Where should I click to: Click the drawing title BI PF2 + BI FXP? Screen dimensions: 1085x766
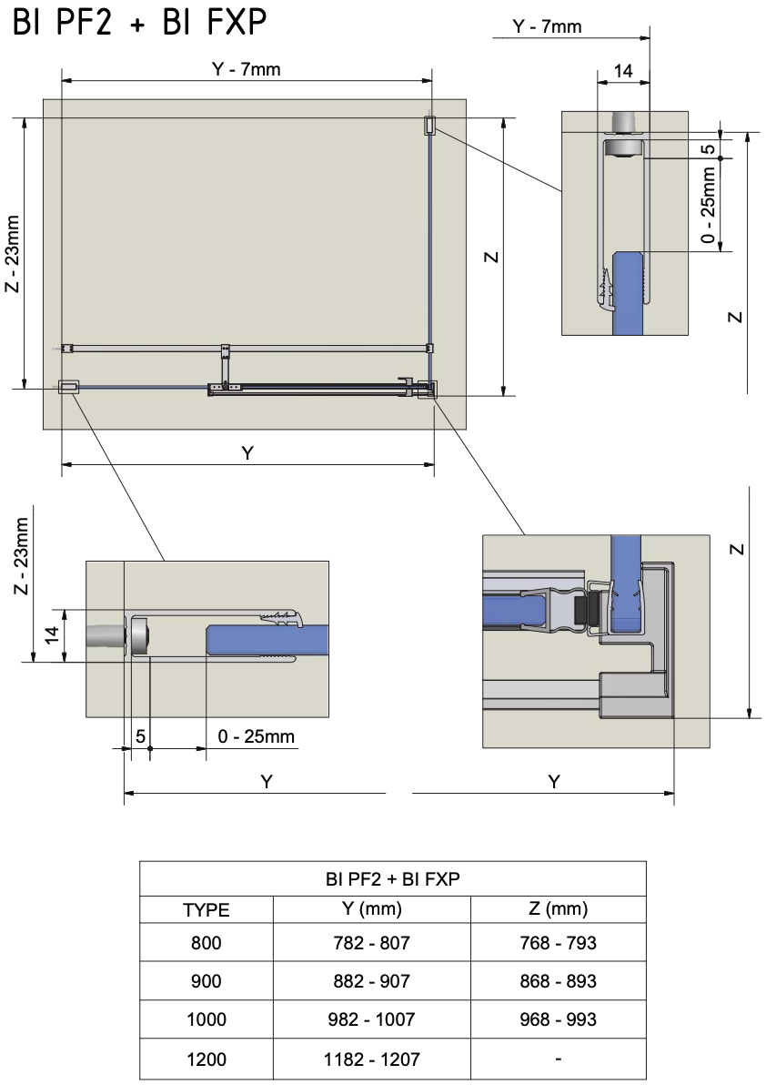click(140, 25)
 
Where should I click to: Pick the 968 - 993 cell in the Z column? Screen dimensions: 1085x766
click(557, 1019)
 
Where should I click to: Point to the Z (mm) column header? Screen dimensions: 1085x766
click(557, 908)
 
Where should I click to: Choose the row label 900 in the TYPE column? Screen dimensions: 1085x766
click(206, 981)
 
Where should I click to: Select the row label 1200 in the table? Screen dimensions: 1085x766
click(206, 1060)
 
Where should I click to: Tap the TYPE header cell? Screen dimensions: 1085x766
click(206, 909)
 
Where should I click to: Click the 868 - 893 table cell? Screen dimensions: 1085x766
click(557, 981)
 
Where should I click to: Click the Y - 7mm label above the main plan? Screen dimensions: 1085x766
click(247, 69)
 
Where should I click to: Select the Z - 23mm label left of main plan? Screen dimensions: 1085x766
click(12, 255)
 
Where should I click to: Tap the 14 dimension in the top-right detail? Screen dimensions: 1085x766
click(623, 71)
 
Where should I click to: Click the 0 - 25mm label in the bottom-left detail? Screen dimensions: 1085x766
click(257, 735)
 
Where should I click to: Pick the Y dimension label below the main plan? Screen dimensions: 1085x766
click(247, 453)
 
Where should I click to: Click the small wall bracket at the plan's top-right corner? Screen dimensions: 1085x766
click(429, 126)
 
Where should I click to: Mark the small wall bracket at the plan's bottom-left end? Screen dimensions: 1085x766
click(68, 387)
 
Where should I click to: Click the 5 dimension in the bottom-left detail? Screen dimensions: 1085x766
click(141, 735)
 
